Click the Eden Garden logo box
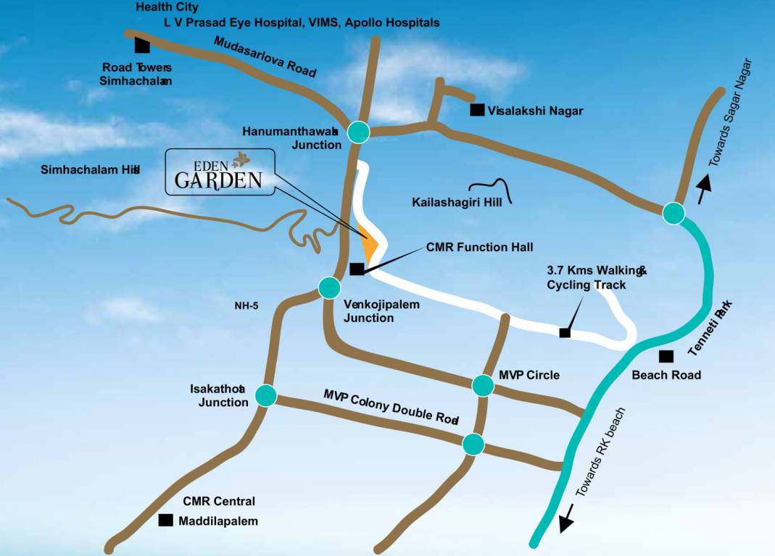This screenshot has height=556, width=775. [x=220, y=172]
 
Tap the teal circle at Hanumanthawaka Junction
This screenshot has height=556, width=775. [x=359, y=131]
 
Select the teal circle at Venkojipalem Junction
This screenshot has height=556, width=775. [x=329, y=287]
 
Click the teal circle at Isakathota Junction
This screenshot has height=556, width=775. [x=266, y=395]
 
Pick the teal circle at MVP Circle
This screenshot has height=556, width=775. [x=483, y=385]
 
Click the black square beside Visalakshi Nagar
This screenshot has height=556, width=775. [x=477, y=110]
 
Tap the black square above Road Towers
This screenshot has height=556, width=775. [x=142, y=46]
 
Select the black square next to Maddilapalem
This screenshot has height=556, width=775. [x=166, y=520]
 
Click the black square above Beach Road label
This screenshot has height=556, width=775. [x=666, y=356]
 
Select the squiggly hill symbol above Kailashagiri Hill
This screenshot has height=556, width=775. [x=491, y=188]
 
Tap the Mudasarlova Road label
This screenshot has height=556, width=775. [x=265, y=56]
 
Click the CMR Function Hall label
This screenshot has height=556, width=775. [x=479, y=247]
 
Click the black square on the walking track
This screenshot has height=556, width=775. [x=564, y=332]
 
